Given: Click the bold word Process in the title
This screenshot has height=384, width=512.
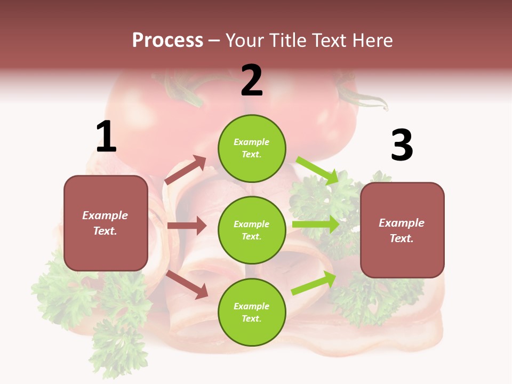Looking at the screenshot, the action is [x=167, y=41].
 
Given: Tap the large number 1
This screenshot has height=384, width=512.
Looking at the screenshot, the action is [x=106, y=137].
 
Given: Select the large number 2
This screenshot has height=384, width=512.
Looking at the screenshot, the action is [x=252, y=81].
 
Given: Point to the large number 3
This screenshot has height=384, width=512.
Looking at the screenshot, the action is [x=402, y=145].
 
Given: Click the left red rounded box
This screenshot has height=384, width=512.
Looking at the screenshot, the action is [x=106, y=223].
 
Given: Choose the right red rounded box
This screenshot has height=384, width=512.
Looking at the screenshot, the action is [x=402, y=230].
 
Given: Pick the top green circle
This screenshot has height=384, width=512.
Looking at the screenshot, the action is [x=252, y=148].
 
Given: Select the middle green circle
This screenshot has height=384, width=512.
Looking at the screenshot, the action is [x=252, y=230].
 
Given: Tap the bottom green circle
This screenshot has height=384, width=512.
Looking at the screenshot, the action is [x=252, y=312].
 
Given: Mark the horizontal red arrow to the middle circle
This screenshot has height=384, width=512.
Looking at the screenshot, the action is [x=187, y=226].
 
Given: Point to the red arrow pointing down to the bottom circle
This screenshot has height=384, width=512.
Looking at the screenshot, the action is [x=187, y=284].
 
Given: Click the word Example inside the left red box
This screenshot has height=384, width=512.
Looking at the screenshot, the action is [x=105, y=215].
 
